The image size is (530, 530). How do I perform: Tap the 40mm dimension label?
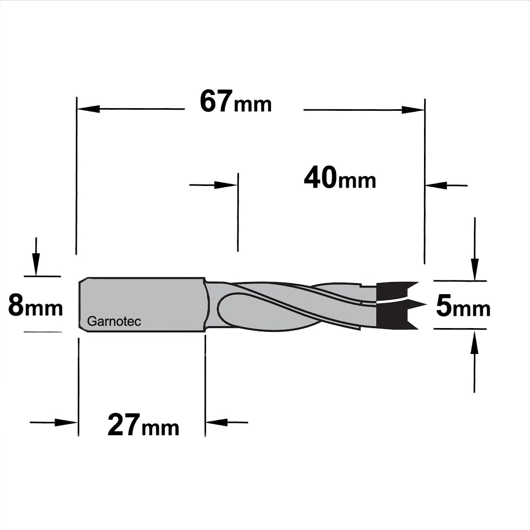pos(340,178)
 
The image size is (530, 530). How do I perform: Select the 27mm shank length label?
pos(143,425)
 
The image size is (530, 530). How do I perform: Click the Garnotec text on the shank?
pos(114,321)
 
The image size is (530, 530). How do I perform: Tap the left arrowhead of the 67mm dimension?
pos(89,109)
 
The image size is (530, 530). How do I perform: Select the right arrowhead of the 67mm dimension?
pos(413,110)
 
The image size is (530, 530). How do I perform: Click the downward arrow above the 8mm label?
pos(36,257)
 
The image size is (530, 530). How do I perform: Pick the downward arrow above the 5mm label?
pos(475,249)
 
